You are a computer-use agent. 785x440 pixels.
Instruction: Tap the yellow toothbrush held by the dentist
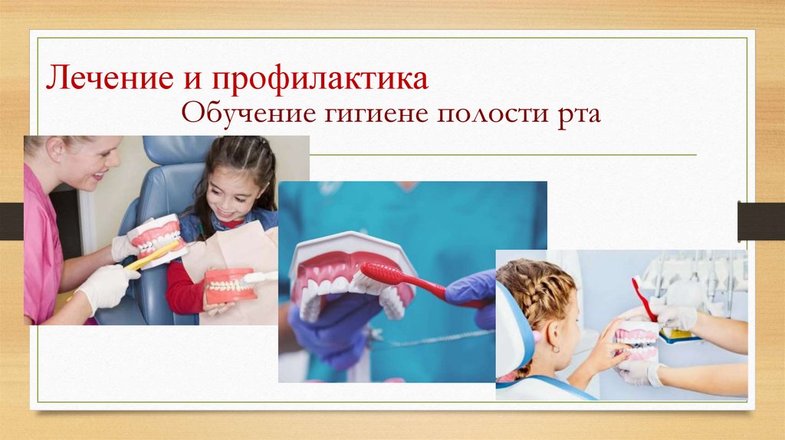[x=153, y=256]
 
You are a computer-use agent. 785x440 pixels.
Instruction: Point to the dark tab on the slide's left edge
[x=11, y=221]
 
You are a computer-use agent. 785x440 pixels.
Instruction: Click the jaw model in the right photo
[x=636, y=342]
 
